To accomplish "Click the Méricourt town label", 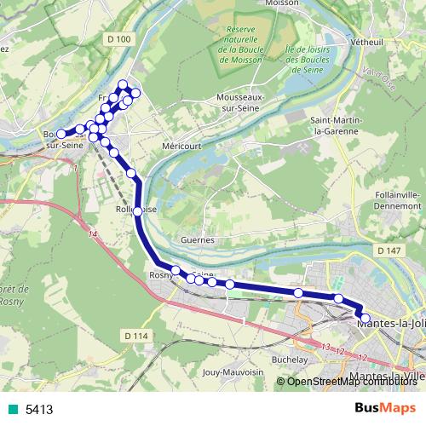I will point(181,146).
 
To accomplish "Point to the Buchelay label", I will point(289,360).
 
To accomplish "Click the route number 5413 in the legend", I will point(39,410).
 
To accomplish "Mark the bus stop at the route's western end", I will point(60,134).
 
